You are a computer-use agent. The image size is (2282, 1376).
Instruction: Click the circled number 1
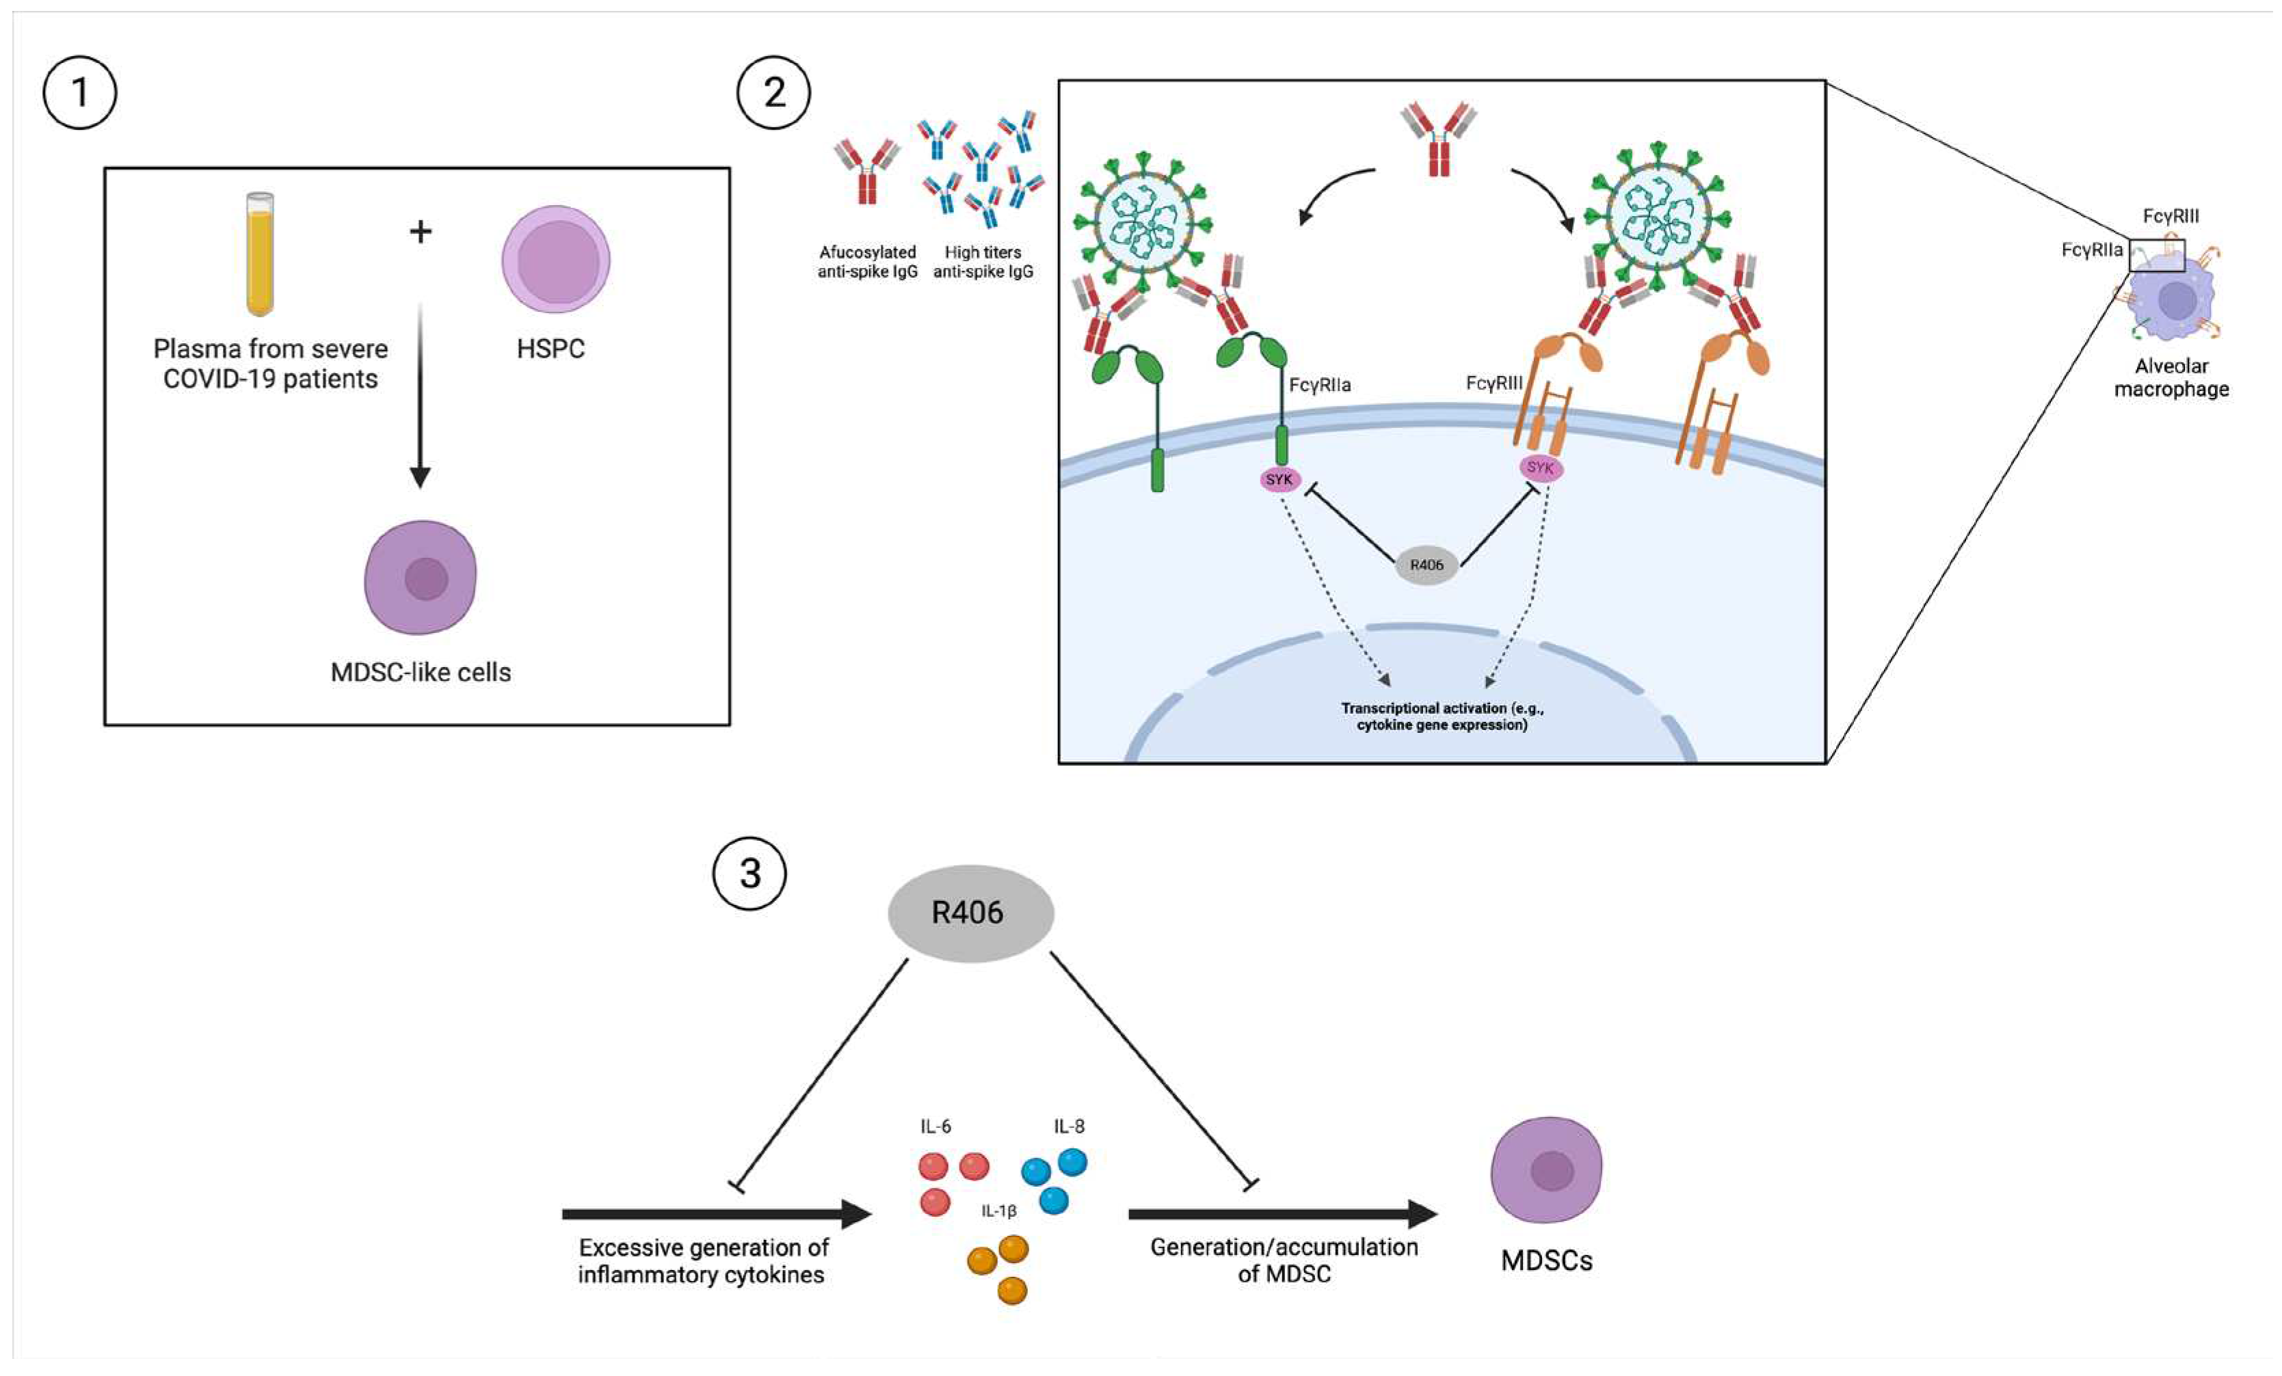pyautogui.click(x=79, y=92)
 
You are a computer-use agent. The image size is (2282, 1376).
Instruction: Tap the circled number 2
pyautogui.click(x=773, y=92)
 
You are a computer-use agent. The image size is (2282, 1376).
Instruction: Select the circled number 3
pyautogui.click(x=749, y=873)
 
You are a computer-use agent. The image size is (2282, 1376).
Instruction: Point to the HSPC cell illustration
pyautogui.click(x=556, y=259)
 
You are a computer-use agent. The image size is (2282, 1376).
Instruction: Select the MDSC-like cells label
pyautogui.click(x=421, y=671)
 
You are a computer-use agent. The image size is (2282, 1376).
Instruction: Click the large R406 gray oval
pyautogui.click(x=970, y=913)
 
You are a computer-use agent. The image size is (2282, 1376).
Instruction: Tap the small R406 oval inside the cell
pyautogui.click(x=1427, y=564)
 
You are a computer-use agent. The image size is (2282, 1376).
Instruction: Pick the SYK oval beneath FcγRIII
pyautogui.click(x=1540, y=468)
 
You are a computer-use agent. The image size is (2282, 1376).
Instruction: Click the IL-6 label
pyautogui.click(x=936, y=1126)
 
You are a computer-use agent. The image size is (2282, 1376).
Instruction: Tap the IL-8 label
pyautogui.click(x=1069, y=1126)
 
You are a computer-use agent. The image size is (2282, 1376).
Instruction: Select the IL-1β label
pyautogui.click(x=999, y=1211)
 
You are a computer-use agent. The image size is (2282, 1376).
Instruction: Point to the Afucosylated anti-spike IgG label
pyautogui.click(x=867, y=261)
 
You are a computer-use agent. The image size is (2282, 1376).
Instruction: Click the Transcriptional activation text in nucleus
pyautogui.click(x=1442, y=716)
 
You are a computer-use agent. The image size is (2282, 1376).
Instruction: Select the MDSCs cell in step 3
pyautogui.click(x=1545, y=1170)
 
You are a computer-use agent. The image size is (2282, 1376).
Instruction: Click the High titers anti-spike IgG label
pyautogui.click(x=983, y=261)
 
